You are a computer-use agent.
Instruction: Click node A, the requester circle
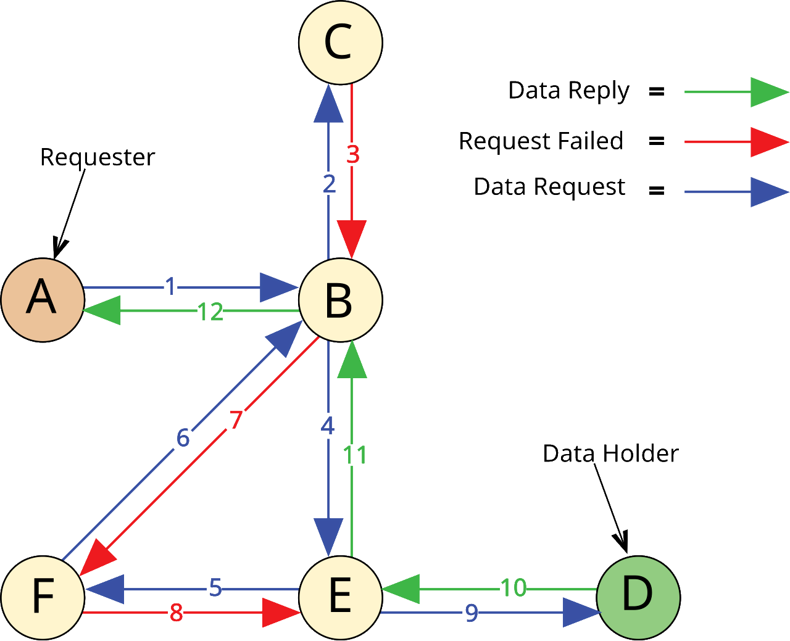(42, 300)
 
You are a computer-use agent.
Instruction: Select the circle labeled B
(340, 300)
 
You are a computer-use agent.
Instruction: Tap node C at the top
(340, 42)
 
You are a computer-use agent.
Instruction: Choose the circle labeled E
(340, 597)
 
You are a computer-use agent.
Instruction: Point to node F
(42, 597)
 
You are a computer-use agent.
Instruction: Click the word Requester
(97, 157)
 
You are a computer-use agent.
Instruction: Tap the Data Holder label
(610, 453)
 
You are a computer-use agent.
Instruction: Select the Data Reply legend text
(568, 91)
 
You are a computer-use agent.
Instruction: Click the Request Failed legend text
(541, 141)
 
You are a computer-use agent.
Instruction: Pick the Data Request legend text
(549, 187)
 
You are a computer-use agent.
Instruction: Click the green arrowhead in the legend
(768, 93)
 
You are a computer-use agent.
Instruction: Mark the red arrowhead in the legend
(768, 143)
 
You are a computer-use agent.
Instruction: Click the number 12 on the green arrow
(210, 312)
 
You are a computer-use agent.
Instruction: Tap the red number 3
(352, 155)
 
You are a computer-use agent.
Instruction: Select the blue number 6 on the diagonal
(183, 438)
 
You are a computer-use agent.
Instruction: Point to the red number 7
(236, 421)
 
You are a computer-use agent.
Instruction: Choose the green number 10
(513, 589)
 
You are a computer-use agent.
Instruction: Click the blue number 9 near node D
(472, 613)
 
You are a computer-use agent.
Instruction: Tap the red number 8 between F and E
(176, 613)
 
